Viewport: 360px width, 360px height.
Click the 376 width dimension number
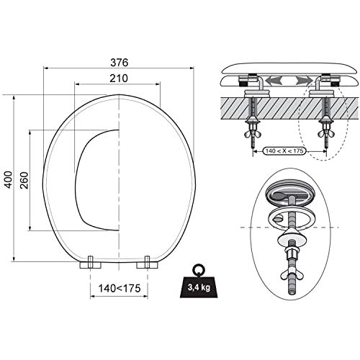click(x=120, y=63)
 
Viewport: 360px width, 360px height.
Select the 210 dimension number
click(x=119, y=78)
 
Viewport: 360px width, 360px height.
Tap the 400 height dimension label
click(x=9, y=179)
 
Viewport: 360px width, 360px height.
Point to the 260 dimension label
click(x=24, y=180)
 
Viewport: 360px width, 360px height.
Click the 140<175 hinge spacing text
click(x=120, y=288)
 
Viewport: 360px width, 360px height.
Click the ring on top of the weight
click(x=199, y=269)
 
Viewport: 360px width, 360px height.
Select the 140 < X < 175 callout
click(x=284, y=151)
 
